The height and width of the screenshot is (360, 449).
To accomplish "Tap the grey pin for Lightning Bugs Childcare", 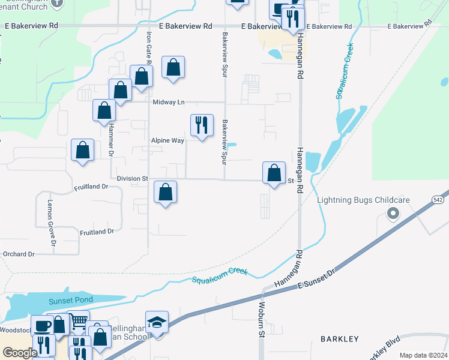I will [x=393, y=213].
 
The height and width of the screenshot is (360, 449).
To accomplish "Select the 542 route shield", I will [x=438, y=199].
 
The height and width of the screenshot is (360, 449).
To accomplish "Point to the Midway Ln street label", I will [x=168, y=103].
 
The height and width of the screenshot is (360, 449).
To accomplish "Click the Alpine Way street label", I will [x=167, y=140].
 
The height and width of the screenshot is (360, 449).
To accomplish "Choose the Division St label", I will [x=132, y=179].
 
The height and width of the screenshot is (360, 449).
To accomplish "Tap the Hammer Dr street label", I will [x=110, y=141].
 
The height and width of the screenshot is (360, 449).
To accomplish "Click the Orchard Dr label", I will [x=18, y=254].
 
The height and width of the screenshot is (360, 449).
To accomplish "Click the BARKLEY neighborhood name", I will [x=340, y=339].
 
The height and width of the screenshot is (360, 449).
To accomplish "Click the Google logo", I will [x=20, y=353].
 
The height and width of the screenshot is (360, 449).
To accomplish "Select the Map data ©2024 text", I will [x=423, y=355].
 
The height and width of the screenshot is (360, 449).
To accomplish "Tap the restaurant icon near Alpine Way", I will [x=201, y=125].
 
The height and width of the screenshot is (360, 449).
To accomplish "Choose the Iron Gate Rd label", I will [x=148, y=45].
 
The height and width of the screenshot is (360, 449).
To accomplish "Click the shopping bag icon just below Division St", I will [x=166, y=192].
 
